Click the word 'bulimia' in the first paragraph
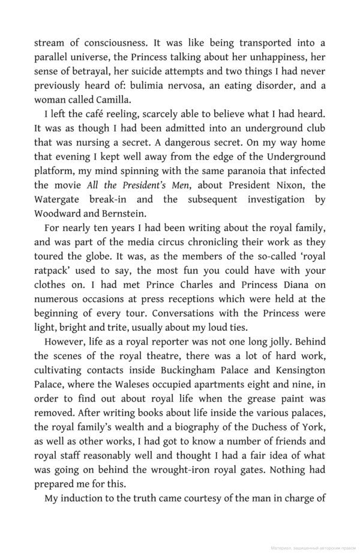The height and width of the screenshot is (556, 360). tap(175, 86)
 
